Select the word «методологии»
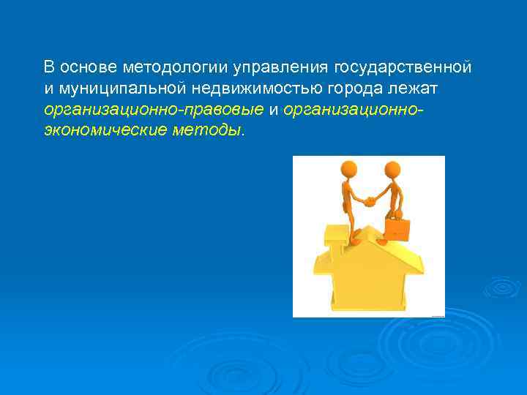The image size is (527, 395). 171,67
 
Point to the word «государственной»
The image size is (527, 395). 403,67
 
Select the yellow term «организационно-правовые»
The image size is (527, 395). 153,110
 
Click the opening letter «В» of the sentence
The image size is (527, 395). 48,67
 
